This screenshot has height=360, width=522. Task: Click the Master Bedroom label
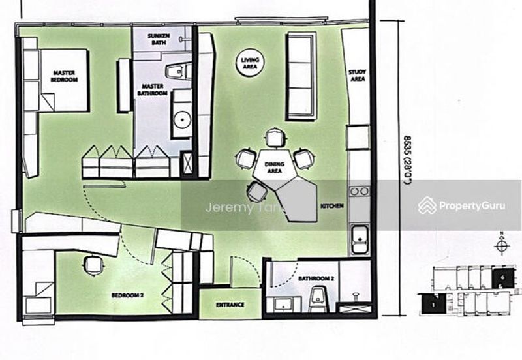click(x=64, y=76)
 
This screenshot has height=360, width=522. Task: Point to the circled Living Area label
click(x=250, y=63)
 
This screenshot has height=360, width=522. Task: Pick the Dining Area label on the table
click(x=274, y=168)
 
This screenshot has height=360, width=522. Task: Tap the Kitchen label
click(x=328, y=206)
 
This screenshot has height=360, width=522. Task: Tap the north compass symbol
click(x=501, y=246)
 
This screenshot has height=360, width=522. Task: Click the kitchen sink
click(x=359, y=239)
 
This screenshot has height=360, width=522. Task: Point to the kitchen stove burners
click(x=359, y=191)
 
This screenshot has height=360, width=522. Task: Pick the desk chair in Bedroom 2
click(x=94, y=265)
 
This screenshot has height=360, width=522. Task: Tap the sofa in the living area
click(x=301, y=76)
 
